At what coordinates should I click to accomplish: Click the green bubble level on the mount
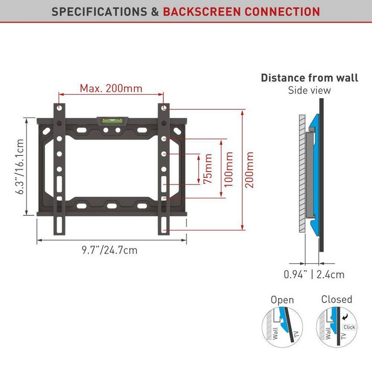109,121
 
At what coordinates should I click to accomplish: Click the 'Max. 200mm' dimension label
111,88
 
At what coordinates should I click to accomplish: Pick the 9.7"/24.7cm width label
109,250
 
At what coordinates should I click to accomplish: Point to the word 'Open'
282,300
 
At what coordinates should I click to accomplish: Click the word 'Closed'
337,299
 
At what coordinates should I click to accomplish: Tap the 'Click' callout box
350,327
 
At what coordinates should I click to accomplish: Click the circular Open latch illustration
282,328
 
